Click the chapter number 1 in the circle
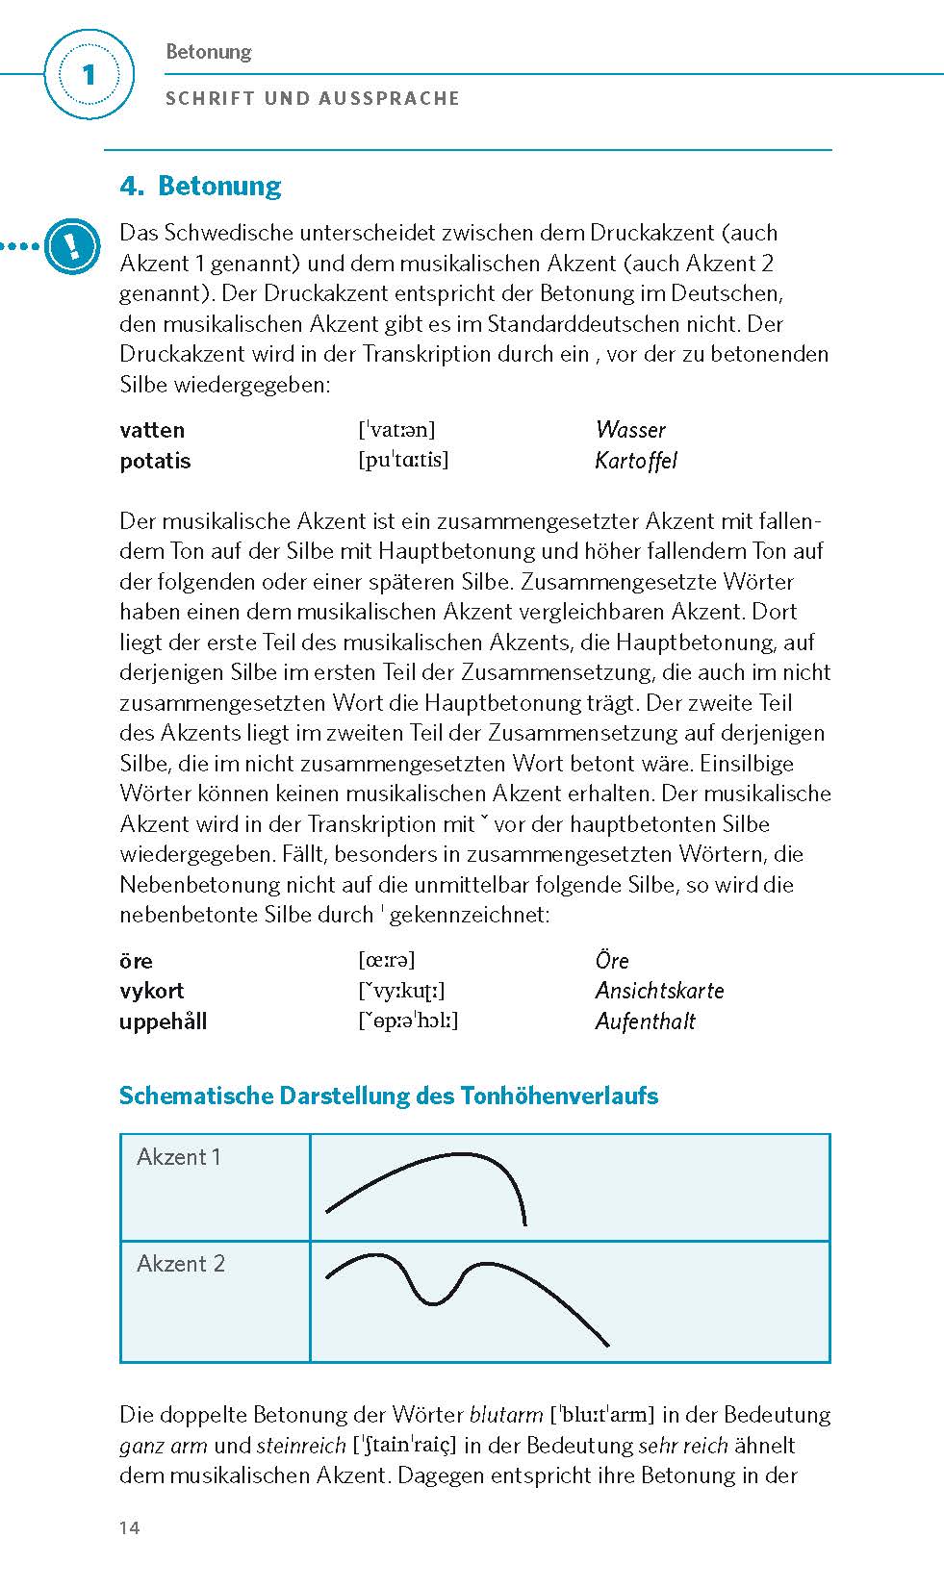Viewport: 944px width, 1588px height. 89,75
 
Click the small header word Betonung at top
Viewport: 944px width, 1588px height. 208,52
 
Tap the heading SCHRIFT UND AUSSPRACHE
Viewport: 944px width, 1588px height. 313,98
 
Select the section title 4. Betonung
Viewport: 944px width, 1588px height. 200,186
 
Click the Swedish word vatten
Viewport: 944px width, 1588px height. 152,430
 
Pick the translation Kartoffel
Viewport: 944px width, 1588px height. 636,461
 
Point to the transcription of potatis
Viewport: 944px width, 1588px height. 403,460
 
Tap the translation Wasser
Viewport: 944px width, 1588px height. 630,430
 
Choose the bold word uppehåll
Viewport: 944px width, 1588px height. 163,1021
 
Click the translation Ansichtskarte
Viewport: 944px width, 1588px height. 659,991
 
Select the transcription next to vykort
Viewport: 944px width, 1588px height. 401,991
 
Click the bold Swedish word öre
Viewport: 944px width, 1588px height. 136,961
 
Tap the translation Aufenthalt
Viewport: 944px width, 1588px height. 645,1021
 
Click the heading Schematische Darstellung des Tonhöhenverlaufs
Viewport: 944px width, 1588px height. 388,1096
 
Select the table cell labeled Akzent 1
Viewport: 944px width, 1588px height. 179,1157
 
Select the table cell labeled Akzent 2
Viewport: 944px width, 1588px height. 181,1264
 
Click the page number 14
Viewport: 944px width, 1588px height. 130,1528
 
